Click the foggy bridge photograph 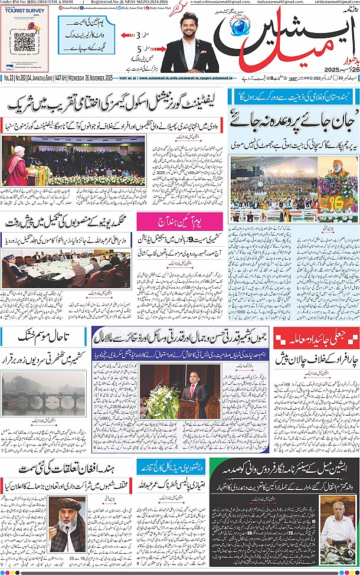pyautogui.click(x=44, y=391)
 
